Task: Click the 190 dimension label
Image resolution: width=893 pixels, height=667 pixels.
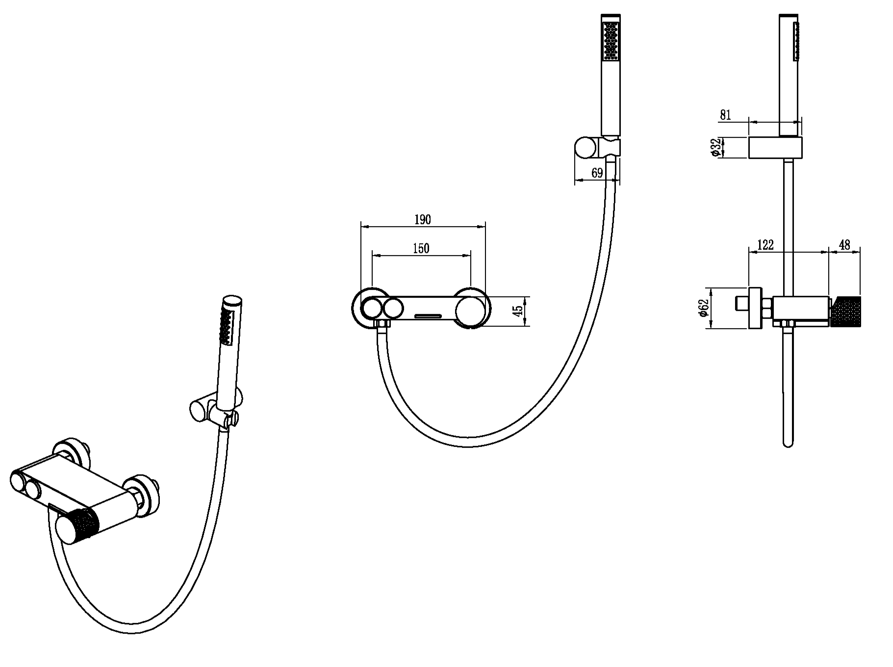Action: pos(422,219)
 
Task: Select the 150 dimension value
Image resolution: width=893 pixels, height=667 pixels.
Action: pos(421,248)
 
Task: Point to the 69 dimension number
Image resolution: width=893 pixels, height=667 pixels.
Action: pos(597,173)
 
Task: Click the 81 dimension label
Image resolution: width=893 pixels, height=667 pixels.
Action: pos(725,115)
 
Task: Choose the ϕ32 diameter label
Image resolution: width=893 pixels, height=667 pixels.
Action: pos(715,147)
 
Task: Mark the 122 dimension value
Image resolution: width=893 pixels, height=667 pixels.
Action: pos(765,244)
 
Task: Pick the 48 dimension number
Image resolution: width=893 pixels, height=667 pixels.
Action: pos(844,244)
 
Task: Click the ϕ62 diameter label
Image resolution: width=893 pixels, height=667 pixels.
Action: pos(703,308)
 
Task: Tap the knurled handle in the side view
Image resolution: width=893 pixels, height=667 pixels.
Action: pos(844,311)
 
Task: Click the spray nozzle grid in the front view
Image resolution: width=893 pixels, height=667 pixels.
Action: pos(611,43)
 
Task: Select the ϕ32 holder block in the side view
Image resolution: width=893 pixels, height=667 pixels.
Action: pos(775,148)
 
